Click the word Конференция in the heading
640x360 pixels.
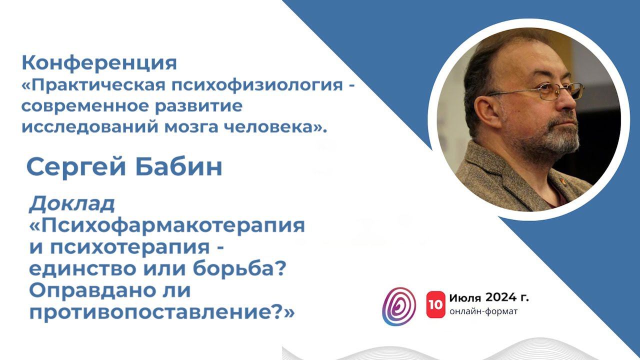[x=99, y=63]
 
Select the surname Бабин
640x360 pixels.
[x=178, y=167]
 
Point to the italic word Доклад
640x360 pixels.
[x=72, y=204]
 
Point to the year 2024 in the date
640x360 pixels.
[x=500, y=298]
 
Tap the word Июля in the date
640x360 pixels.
[x=465, y=298]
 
